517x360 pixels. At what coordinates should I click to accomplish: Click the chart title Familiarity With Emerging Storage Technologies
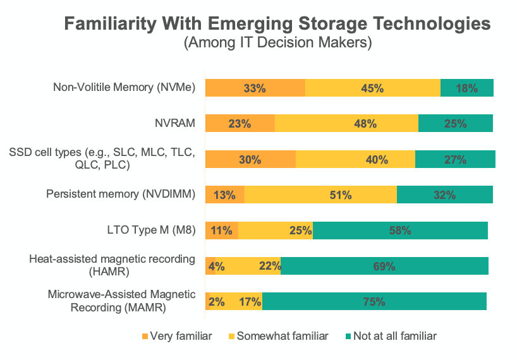coord(277,24)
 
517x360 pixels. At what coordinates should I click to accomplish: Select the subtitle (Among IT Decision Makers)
coord(277,44)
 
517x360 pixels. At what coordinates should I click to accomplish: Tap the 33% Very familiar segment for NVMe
coord(255,88)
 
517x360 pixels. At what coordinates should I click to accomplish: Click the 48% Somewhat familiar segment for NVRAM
coord(346,124)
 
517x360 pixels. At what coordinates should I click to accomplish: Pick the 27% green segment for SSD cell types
coord(455,160)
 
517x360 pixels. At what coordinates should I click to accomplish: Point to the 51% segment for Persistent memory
coord(320,195)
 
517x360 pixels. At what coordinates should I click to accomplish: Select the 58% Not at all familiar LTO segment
coord(400,231)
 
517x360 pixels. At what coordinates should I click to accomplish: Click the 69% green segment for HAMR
coord(384,267)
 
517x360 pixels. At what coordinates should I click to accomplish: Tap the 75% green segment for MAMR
coord(374,302)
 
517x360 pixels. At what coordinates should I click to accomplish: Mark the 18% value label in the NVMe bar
coord(466,88)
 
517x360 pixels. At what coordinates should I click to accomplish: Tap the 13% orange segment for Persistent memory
coord(225,195)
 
